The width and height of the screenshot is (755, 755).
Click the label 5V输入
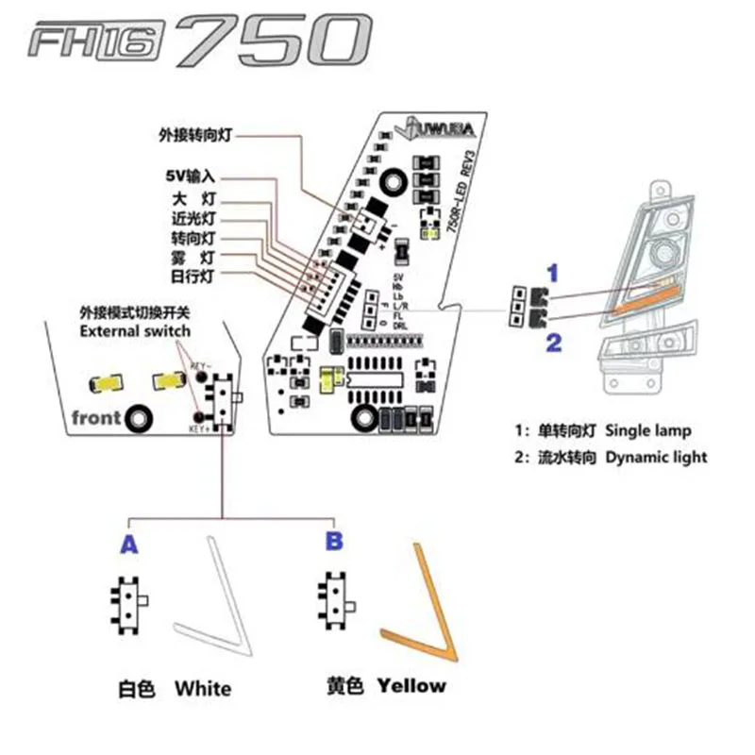point(188,176)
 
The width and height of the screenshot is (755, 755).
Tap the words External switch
point(135,330)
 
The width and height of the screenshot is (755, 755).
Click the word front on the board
point(93,416)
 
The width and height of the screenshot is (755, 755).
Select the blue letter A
point(128,545)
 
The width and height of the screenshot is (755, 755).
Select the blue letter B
point(334,541)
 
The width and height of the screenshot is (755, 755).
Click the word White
point(202,688)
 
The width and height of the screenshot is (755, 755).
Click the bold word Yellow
point(411,686)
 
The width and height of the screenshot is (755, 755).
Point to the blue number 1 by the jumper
point(555,273)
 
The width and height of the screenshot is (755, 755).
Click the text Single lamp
point(648,431)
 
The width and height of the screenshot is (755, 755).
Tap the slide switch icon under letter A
point(128,600)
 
